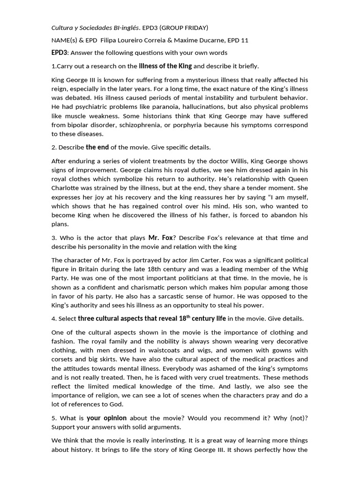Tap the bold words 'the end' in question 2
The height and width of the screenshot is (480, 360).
tap(97, 147)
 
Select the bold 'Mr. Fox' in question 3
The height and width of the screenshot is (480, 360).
tap(161, 238)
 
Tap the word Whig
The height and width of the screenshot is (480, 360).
tap(299, 269)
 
